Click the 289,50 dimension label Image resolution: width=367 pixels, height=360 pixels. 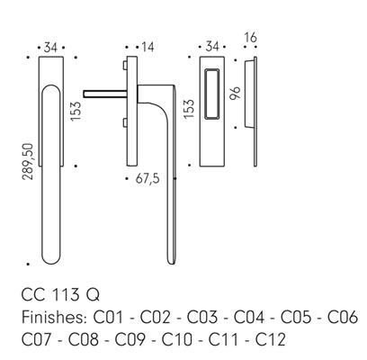[x=28, y=161]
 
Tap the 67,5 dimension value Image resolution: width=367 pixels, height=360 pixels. [x=148, y=179]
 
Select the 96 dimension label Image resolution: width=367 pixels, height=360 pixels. [x=236, y=93]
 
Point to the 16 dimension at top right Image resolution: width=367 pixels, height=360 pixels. [x=251, y=38]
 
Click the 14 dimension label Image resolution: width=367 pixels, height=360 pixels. [x=148, y=47]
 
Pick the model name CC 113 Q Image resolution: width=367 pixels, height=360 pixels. [x=60, y=294]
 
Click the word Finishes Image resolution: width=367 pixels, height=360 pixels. [x=54, y=317]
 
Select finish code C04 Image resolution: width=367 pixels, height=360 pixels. [x=249, y=317]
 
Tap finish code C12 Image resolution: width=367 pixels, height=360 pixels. [x=270, y=339]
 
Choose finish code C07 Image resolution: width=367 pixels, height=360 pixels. [x=37, y=339]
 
